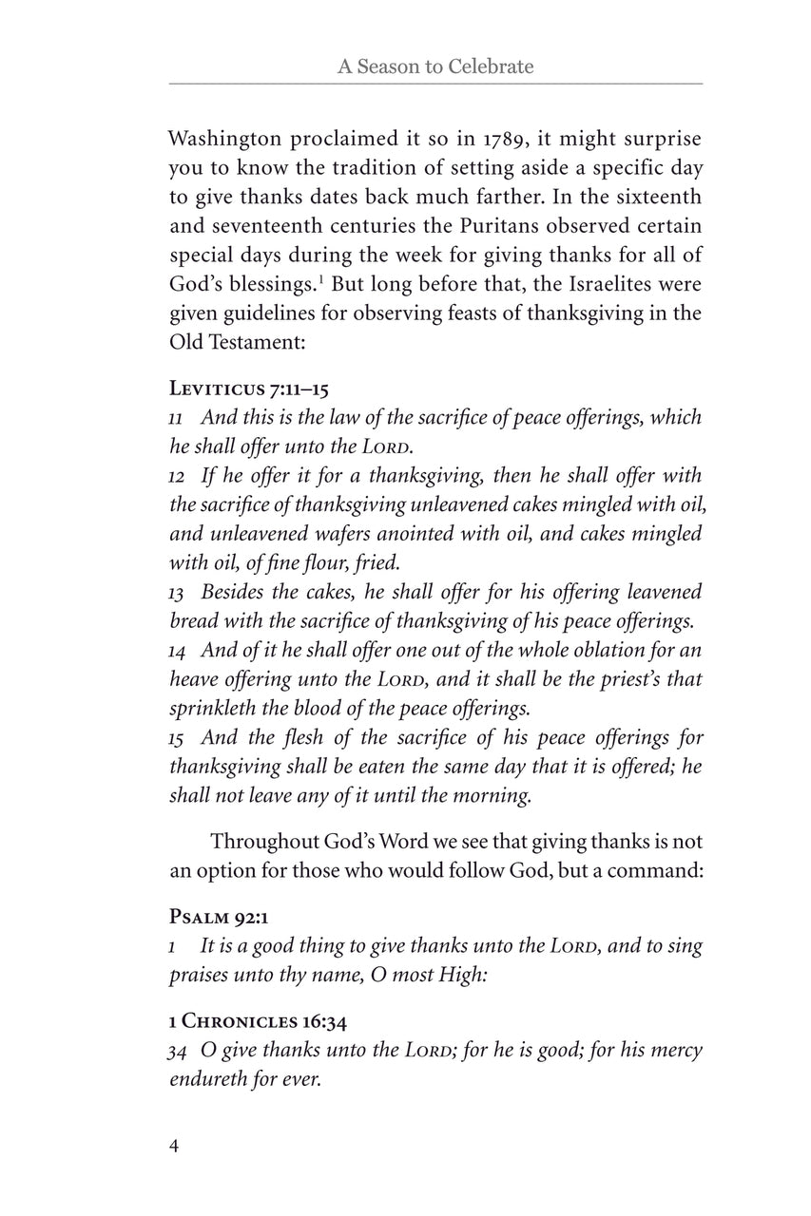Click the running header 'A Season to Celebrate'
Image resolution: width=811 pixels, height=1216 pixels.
(x=435, y=66)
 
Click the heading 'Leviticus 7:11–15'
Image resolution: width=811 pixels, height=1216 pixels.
(x=249, y=388)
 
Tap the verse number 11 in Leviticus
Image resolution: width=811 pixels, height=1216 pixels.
(x=177, y=418)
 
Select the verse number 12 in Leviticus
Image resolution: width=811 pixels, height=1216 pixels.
(x=177, y=477)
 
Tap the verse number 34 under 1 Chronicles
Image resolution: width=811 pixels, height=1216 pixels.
(x=177, y=1052)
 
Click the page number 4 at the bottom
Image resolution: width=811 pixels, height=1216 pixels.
(x=174, y=1145)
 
